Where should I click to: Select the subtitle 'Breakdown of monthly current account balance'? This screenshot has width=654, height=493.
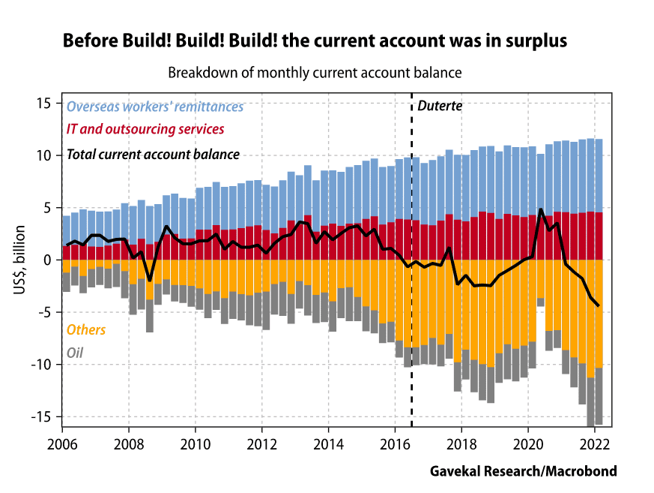(x=314, y=73)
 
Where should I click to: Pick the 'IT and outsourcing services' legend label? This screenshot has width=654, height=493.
(x=145, y=129)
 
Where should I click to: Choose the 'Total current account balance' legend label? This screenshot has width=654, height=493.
(x=153, y=155)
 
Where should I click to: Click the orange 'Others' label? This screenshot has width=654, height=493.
(x=86, y=329)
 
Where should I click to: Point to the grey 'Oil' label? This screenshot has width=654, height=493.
(x=76, y=352)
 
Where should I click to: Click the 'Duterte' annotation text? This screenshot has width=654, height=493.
(x=440, y=106)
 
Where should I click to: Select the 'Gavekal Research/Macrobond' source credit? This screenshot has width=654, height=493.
(x=523, y=471)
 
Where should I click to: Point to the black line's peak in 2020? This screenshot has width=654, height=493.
(x=541, y=209)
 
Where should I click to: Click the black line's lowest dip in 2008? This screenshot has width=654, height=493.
(x=150, y=280)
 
